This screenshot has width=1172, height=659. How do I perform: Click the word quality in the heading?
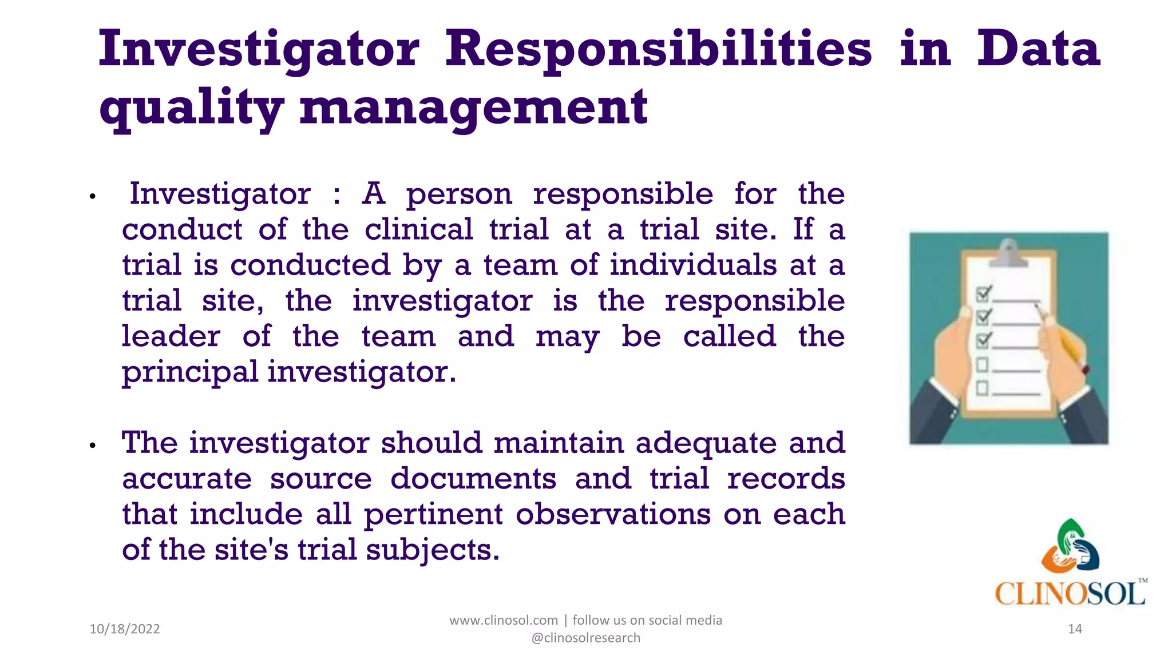[x=191, y=109]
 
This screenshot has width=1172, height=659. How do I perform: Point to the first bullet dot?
[x=93, y=197]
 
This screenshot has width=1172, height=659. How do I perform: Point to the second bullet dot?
[x=93, y=446]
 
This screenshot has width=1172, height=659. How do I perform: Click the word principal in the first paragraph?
[x=190, y=373]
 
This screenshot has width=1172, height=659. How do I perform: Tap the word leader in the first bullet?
[x=171, y=336]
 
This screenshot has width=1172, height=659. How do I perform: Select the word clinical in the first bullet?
[x=419, y=230]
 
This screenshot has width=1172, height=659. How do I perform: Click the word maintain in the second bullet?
[x=558, y=443]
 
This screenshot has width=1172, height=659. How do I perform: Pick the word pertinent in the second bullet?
[x=433, y=515]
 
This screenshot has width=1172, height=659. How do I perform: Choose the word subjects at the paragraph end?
[x=432, y=550]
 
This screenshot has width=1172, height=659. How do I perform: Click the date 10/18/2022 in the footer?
[x=125, y=629]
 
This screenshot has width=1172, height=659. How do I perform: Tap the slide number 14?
[x=1075, y=629]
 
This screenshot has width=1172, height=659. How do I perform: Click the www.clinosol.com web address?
[x=503, y=620]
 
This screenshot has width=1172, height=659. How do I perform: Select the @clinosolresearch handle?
[x=586, y=638]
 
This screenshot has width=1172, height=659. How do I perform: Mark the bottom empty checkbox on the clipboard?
[x=982, y=388]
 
